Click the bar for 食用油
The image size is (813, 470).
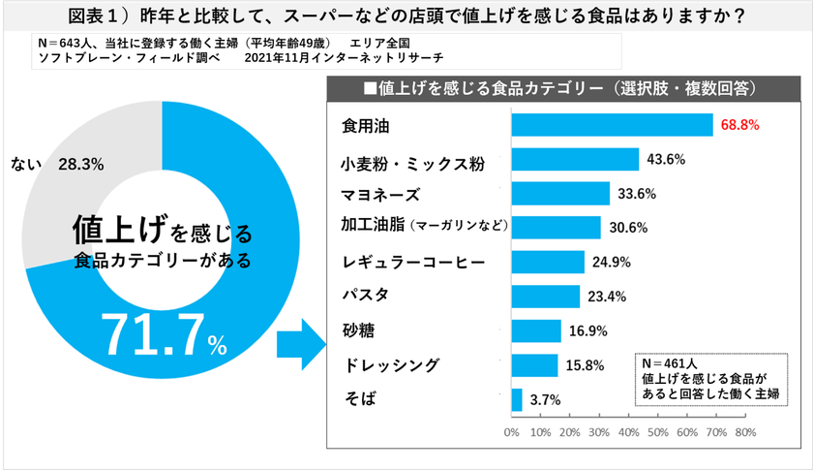click(611, 125)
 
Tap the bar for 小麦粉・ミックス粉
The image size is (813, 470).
click(574, 160)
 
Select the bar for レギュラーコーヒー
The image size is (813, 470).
click(547, 263)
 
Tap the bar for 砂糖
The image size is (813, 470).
click(535, 330)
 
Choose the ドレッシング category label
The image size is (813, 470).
click(391, 365)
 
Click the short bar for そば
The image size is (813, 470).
click(516, 399)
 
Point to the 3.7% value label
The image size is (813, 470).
click(546, 399)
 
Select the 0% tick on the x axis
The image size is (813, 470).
click(511, 431)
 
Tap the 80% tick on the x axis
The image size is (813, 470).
click(744, 431)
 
